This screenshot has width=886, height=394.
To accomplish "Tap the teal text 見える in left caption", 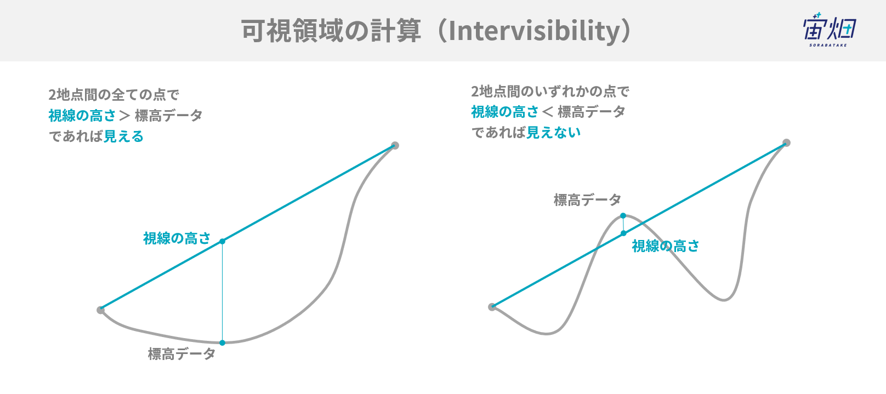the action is (123, 136).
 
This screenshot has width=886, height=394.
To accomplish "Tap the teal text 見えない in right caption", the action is (553, 133).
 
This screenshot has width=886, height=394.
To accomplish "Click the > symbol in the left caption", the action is (124, 116).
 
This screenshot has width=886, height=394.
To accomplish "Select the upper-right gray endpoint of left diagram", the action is (395, 145).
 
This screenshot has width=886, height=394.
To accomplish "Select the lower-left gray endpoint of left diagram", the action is (100, 310).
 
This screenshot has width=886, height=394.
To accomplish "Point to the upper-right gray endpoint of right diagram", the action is (786, 142).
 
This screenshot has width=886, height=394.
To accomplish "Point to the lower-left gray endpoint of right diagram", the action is (492, 307).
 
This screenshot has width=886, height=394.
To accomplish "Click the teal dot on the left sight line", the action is (222, 242).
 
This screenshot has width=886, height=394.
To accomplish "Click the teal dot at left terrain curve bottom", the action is (222, 342).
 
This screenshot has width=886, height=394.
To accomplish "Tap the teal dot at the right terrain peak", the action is (623, 216).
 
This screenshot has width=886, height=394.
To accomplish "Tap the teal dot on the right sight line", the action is (623, 233).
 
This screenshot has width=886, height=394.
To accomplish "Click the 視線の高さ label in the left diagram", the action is (177, 238).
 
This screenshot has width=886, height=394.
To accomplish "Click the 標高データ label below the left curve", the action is (181, 353).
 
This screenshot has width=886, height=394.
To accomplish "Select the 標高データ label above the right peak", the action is (587, 200).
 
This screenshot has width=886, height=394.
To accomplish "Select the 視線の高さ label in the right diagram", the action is (666, 246).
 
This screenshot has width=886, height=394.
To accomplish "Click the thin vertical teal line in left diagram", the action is (222, 292).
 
